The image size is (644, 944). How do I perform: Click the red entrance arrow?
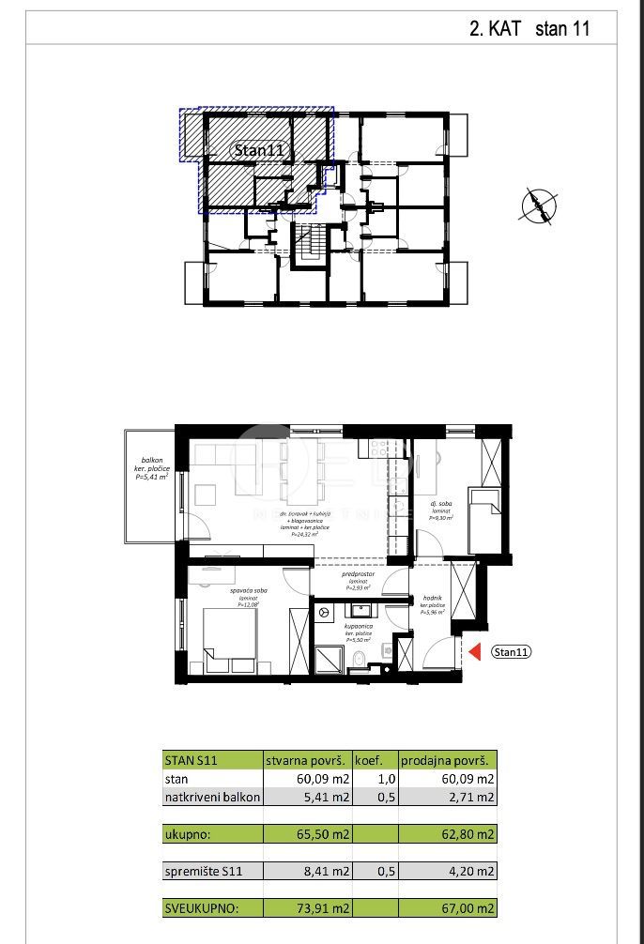(x=474, y=651)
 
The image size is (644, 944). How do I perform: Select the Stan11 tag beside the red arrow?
(x=512, y=652)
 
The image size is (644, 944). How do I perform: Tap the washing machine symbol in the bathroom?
(x=325, y=612)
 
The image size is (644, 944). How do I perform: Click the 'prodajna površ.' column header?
(x=447, y=760)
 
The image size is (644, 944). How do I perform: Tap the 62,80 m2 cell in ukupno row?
(x=447, y=833)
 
